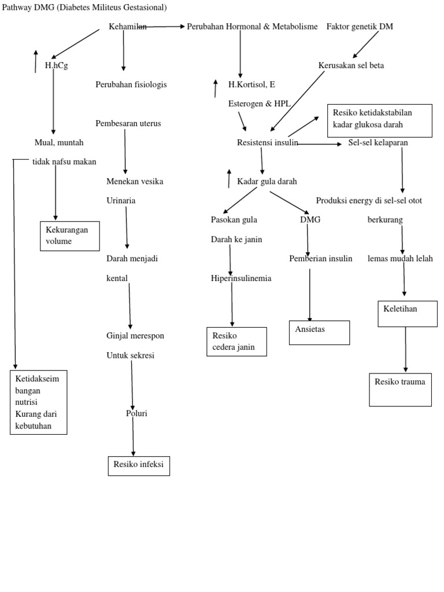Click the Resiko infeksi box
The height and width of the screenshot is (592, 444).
click(x=139, y=465)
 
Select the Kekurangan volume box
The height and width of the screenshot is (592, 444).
click(x=69, y=236)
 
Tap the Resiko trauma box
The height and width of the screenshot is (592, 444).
click(x=400, y=390)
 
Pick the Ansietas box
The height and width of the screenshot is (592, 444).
click(x=319, y=332)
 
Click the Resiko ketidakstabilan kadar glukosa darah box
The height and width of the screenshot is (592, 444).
click(x=379, y=121)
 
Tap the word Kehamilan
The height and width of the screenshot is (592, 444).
click(x=127, y=27)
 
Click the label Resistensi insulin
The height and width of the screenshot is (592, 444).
click(x=267, y=143)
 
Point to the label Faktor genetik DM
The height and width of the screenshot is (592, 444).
click(x=360, y=27)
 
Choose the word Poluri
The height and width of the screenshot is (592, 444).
click(x=136, y=413)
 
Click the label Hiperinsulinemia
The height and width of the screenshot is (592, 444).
click(x=241, y=278)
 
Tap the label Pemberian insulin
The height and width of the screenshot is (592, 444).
click(x=320, y=258)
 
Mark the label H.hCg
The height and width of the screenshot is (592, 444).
click(x=57, y=66)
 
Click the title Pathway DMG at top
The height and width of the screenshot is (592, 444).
click(x=84, y=8)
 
